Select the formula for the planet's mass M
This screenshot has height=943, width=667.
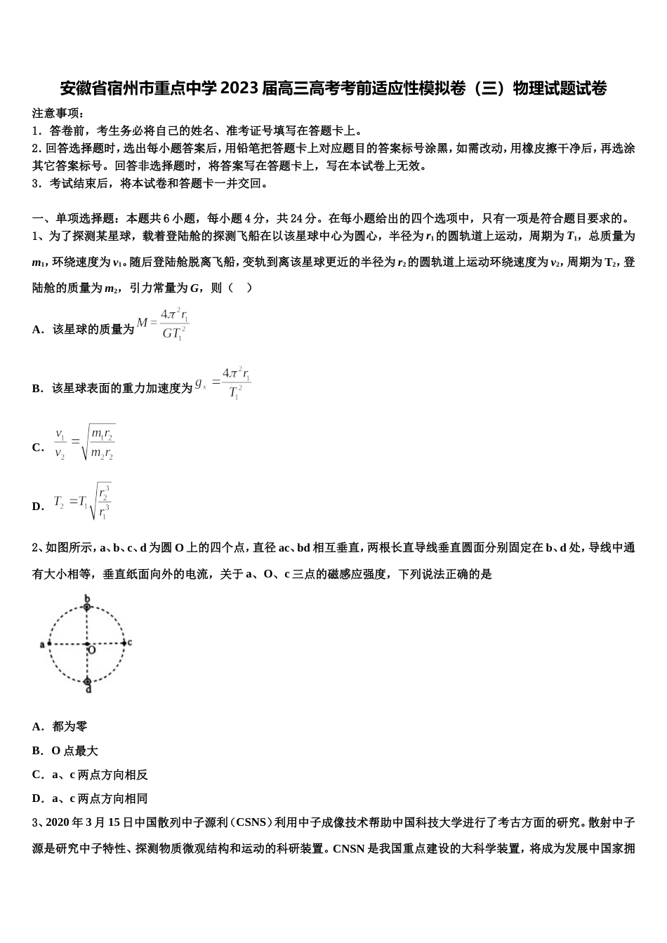164,324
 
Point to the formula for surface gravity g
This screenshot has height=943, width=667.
223,383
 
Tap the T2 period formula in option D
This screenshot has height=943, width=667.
83,502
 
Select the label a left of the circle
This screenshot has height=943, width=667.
42,644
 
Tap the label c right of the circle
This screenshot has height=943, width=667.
130,642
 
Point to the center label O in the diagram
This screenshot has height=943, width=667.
92,650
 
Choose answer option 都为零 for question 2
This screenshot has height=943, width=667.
70,727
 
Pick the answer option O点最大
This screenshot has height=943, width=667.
74,751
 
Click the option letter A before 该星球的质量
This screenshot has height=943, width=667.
37,329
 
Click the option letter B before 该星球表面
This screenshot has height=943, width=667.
37,388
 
